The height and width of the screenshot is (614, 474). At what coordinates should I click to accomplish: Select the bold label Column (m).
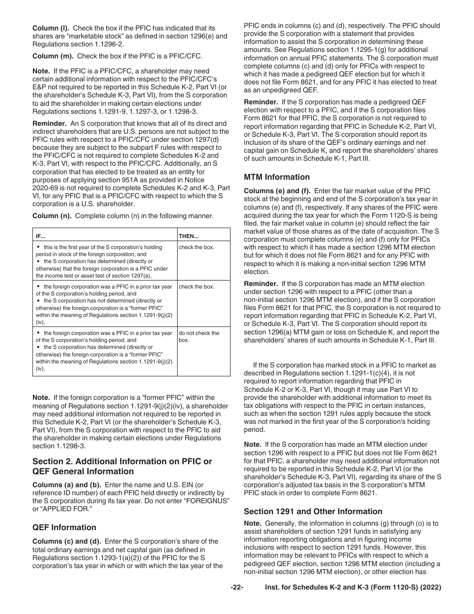(x=51, y=56)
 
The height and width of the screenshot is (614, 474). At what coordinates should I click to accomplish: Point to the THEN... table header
(x=189, y=236)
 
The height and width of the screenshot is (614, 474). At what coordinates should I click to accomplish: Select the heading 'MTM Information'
(x=276, y=177)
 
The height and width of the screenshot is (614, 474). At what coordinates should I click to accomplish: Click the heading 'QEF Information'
(x=64, y=527)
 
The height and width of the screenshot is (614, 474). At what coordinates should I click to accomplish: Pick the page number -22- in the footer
(x=237, y=588)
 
